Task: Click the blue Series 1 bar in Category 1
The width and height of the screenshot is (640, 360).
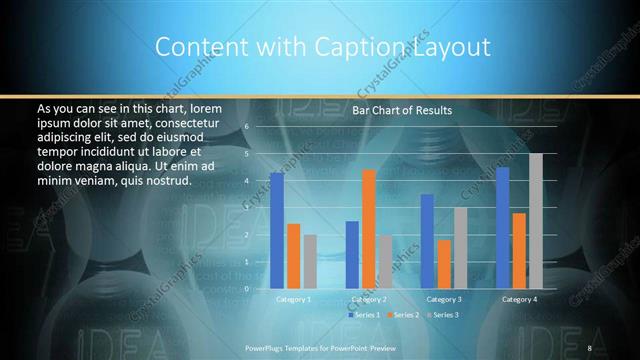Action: pyautogui.click(x=277, y=231)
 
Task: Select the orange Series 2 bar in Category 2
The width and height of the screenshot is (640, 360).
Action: pyautogui.click(x=369, y=229)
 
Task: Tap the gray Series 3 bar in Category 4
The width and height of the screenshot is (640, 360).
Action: pyautogui.click(x=536, y=221)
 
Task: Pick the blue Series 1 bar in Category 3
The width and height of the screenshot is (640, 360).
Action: pyautogui.click(x=427, y=241)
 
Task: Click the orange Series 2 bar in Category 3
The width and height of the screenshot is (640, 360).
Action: pyautogui.click(x=444, y=264)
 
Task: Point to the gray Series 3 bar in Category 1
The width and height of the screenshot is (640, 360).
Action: pyautogui.click(x=310, y=262)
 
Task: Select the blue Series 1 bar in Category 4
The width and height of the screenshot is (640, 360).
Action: pyautogui.click(x=502, y=228)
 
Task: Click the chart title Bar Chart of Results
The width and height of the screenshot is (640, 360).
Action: pyautogui.click(x=402, y=110)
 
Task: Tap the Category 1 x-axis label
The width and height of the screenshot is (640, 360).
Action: pyautogui.click(x=293, y=299)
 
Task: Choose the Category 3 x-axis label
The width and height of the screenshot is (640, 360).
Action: pyautogui.click(x=444, y=299)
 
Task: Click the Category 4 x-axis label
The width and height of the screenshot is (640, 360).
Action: pyautogui.click(x=519, y=299)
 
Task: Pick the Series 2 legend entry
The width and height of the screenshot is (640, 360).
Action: pyautogui.click(x=404, y=315)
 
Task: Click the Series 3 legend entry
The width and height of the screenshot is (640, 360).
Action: pyautogui.click(x=443, y=315)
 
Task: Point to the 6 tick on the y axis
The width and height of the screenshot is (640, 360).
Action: pyautogui.click(x=246, y=128)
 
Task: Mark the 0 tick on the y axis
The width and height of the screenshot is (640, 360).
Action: pyautogui.click(x=246, y=289)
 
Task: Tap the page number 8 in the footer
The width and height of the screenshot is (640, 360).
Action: pyautogui.click(x=589, y=347)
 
